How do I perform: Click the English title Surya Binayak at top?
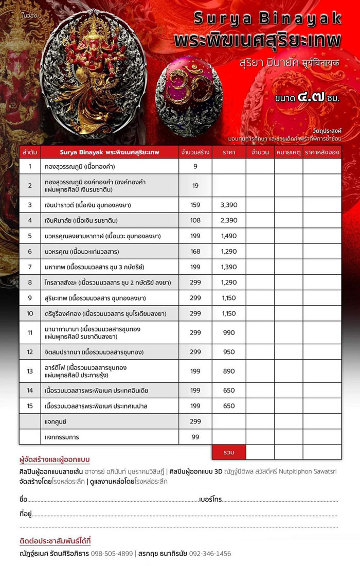267,19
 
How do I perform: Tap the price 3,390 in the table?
228,205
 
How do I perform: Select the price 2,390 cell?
228,220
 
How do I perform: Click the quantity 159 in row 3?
195,205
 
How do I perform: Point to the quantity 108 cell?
195,220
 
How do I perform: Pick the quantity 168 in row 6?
195,252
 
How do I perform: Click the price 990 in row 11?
229,333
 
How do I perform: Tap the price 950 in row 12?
229,352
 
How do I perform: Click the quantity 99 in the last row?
195,437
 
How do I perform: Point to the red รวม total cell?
229,452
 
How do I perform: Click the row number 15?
30,406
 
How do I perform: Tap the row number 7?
30,267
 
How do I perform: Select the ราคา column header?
229,152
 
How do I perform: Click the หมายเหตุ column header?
288,152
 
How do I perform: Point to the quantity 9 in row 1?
195,166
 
